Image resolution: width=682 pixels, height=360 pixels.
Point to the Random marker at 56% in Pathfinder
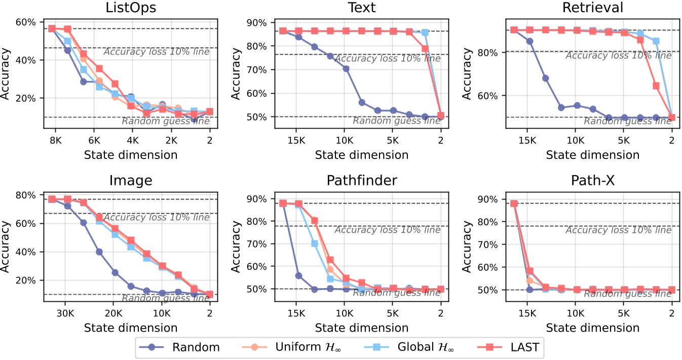tap(299, 275)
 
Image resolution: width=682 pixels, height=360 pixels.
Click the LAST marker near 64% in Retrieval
tap(656, 86)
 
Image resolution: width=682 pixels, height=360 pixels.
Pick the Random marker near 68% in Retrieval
tap(546, 78)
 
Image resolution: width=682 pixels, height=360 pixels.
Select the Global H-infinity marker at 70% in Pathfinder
tap(315, 244)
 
